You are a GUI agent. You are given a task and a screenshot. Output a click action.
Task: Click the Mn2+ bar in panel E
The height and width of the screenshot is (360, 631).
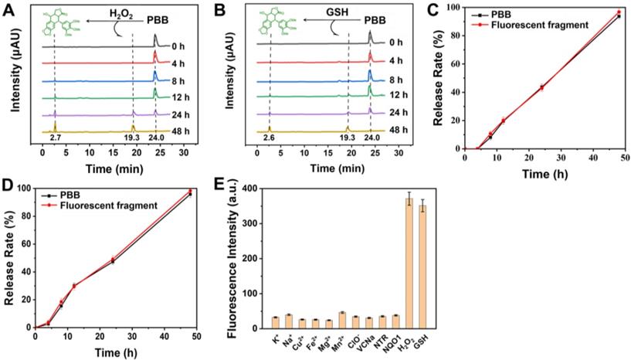[341, 321]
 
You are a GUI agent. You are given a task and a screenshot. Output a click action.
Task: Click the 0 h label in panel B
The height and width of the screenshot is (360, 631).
[396, 42]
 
